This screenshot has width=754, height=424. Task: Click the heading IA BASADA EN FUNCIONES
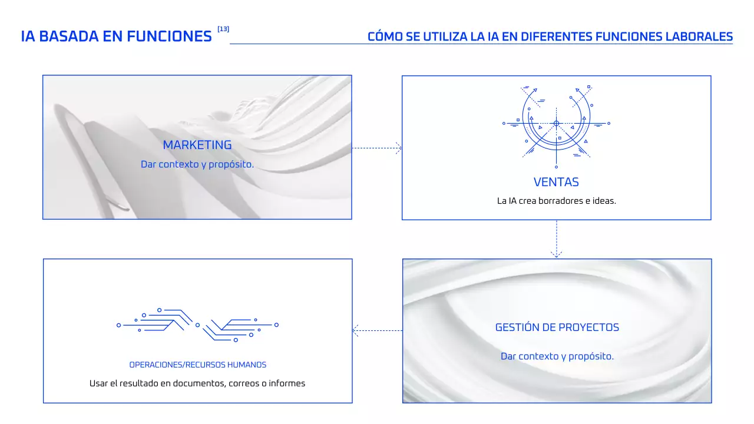[x=116, y=37]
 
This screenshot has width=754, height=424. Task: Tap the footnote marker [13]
[x=223, y=29]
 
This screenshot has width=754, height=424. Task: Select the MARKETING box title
[x=197, y=145]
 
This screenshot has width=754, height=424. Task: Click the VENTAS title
[x=556, y=182]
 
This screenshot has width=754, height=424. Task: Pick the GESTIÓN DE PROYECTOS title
[x=557, y=327]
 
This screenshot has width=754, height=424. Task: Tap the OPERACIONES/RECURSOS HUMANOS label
[x=197, y=365]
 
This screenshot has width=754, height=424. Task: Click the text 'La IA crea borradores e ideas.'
[x=556, y=201]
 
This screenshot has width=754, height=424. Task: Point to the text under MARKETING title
[x=197, y=164]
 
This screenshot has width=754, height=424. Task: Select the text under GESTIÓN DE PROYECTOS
[x=557, y=356]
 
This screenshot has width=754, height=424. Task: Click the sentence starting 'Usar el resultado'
[x=197, y=383]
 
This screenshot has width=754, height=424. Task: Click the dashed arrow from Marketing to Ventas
[x=377, y=148]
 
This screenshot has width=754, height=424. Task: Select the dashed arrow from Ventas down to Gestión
[x=556, y=239]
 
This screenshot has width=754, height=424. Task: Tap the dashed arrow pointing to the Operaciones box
[x=377, y=330]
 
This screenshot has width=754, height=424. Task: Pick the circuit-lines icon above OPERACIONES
[x=197, y=324]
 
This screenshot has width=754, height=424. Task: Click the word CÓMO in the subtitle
[x=384, y=37]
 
